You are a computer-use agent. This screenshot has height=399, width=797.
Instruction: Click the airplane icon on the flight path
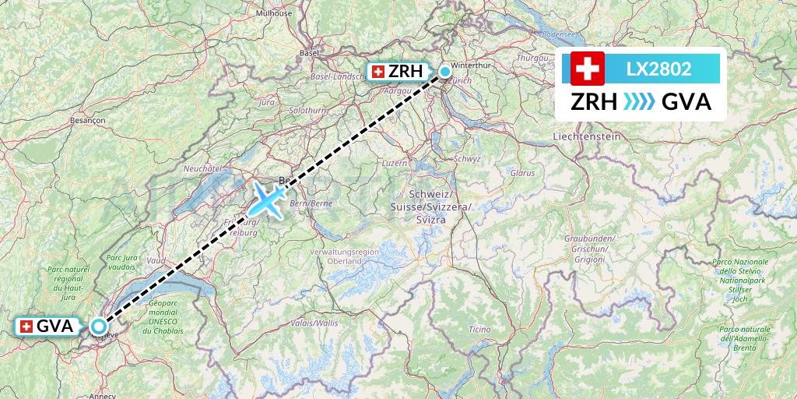pos(269,200)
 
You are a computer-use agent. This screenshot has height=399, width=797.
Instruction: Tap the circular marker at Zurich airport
pos(445,72)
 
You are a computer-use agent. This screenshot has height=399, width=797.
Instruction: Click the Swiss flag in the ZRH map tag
pos(378,72)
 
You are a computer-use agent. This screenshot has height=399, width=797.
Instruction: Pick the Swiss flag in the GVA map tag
pos(26,327)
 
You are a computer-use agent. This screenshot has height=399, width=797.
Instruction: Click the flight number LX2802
pos(658,69)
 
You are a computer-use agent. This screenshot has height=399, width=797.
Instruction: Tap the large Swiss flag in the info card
pos(588,69)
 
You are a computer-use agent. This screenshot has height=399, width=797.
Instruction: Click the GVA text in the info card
pos(686,102)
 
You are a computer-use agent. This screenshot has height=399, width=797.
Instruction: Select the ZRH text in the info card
pos(594,102)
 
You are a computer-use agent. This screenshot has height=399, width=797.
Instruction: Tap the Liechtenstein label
pos(587,136)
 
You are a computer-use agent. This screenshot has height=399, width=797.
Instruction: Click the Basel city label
pos(309,53)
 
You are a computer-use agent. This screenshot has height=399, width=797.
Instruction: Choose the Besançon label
pos(87,120)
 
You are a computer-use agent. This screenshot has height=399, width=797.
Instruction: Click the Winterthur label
pos(473,65)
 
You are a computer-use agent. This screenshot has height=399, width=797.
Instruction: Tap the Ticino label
pos(479,330)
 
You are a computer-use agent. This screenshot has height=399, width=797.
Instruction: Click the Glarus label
pos(523,172)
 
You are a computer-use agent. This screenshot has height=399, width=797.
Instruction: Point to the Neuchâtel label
pos(203,168)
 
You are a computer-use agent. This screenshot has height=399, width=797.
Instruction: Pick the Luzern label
pos(395,163)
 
